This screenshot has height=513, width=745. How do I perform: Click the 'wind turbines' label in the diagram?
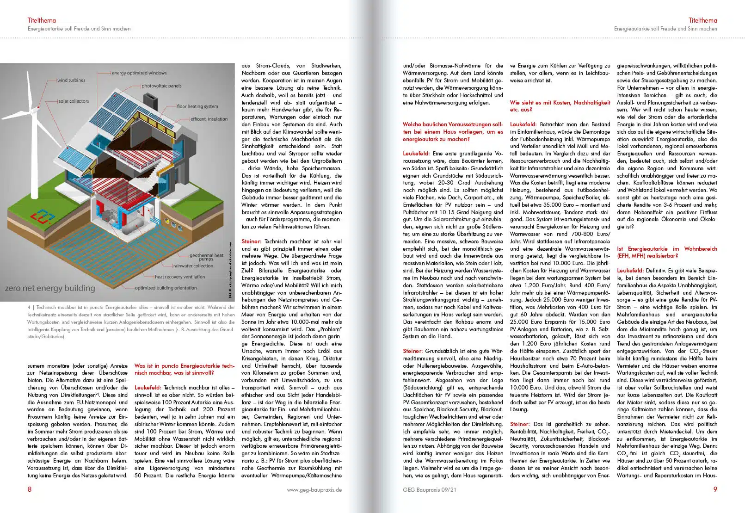pos(71,80)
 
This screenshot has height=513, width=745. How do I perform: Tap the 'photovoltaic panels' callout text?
pos(161,86)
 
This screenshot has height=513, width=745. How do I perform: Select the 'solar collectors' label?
pos(74,101)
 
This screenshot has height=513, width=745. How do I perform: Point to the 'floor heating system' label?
pos(197,106)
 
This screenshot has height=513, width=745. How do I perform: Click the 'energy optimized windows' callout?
pos(139,73)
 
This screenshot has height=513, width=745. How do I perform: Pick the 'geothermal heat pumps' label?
pos(206,257)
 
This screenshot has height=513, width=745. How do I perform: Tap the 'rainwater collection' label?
pos(193,266)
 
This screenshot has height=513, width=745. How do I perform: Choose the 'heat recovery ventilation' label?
pos(180,277)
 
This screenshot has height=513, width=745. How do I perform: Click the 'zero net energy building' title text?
pos(50,288)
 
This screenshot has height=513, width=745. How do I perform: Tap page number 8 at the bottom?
pos(30,489)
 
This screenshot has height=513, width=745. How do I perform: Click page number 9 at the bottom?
pos(715,489)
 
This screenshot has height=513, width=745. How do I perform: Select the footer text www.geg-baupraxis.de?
pos(314,489)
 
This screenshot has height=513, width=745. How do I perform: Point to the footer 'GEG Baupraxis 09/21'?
pos(429,489)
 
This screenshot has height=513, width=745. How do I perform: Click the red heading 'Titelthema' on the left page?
pos(42,20)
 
